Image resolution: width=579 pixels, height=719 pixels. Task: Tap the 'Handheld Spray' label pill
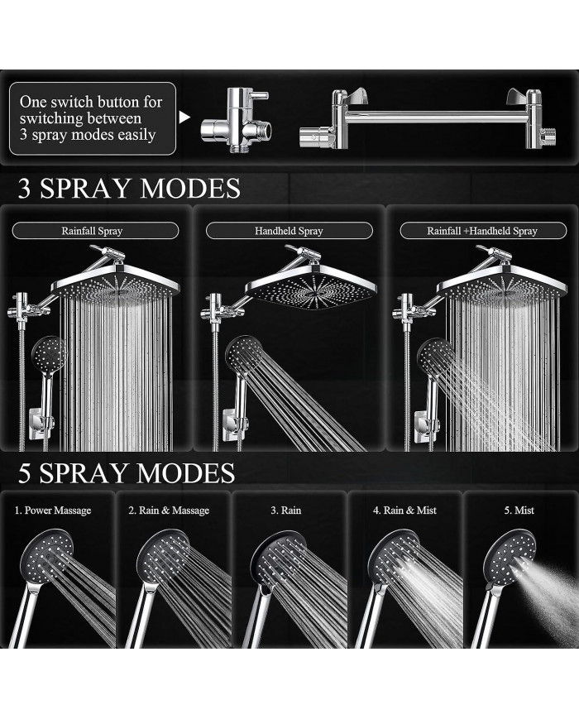point(289,231)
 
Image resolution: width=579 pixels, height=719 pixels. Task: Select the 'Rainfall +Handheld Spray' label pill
point(482,231)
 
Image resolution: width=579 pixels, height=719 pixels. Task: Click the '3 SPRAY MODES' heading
point(129,188)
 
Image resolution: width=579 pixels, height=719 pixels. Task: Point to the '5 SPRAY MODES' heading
point(127,473)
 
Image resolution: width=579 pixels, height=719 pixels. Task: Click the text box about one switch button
point(92,118)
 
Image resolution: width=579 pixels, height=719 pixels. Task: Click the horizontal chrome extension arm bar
point(430,116)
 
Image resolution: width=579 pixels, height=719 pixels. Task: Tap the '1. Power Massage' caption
point(53,510)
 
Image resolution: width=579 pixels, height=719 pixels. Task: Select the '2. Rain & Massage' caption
point(169,510)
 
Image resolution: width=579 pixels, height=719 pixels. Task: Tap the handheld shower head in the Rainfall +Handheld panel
point(436,356)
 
